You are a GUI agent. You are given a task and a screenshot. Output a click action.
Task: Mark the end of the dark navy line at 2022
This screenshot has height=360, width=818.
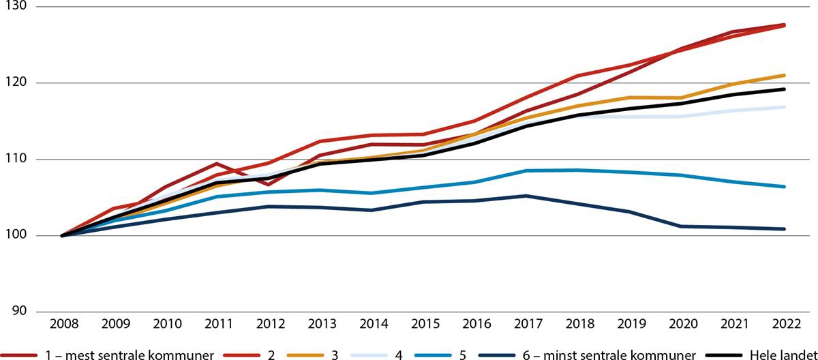785,229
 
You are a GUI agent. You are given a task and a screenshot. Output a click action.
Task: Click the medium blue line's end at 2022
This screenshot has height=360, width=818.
785,187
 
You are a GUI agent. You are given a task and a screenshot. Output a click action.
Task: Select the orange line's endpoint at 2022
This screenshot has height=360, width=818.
785,75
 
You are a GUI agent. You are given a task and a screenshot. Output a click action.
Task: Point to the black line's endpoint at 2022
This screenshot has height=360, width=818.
785,89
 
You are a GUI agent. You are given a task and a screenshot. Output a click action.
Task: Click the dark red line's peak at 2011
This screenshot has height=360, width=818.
216,164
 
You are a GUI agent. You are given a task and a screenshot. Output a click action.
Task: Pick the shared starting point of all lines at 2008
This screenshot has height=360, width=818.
62,236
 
